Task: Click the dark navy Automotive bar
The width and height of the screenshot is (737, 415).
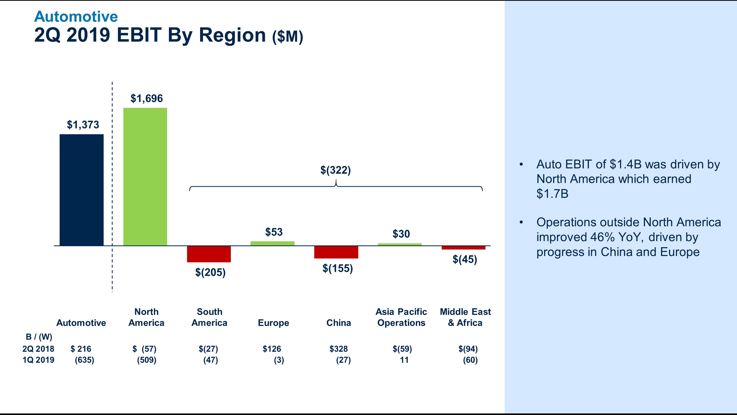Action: (x=82, y=190)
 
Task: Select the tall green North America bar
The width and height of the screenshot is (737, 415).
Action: (x=145, y=177)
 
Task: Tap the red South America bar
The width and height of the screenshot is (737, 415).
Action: (x=209, y=254)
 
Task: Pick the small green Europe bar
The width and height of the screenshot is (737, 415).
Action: (x=272, y=243)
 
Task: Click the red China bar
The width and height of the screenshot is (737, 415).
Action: (x=336, y=252)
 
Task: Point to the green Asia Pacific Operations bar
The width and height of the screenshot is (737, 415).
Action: (x=400, y=244)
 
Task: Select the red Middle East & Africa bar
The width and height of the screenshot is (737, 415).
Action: (x=463, y=248)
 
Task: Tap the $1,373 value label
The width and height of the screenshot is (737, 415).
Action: (x=83, y=125)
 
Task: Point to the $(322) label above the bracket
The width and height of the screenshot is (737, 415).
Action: (x=335, y=170)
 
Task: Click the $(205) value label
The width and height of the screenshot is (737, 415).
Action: (x=210, y=272)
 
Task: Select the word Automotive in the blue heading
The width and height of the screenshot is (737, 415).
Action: (x=76, y=17)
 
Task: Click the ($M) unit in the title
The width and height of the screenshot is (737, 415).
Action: (x=288, y=37)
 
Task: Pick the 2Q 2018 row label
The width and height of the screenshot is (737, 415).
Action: (x=38, y=349)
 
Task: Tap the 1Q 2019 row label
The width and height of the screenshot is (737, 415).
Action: (x=38, y=360)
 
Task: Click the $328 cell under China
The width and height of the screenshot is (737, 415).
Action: (x=339, y=349)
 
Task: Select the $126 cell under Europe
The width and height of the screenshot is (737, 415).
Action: (x=272, y=349)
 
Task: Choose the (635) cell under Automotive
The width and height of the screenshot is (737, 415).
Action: (x=84, y=360)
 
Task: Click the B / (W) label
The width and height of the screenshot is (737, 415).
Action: (x=39, y=337)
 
